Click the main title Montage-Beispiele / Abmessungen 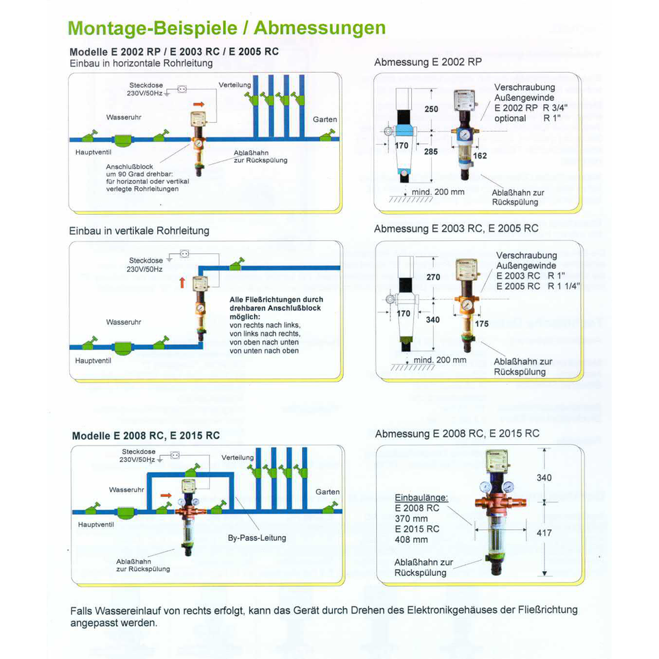[227, 29]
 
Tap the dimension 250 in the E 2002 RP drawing [431, 110]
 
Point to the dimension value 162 [480, 156]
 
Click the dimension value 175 [482, 323]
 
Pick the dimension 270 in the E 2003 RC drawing [433, 277]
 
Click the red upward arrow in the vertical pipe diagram [182, 281]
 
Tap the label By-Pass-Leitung [257, 537]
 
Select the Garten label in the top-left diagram [325, 119]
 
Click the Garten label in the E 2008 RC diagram [327, 492]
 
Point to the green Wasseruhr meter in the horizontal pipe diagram [125, 139]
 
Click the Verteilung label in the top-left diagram [235, 84]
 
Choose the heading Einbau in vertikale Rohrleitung [139, 231]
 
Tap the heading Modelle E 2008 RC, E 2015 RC [146, 435]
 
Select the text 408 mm [411, 540]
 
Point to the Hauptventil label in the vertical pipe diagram [93, 359]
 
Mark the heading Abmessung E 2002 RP [428, 62]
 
